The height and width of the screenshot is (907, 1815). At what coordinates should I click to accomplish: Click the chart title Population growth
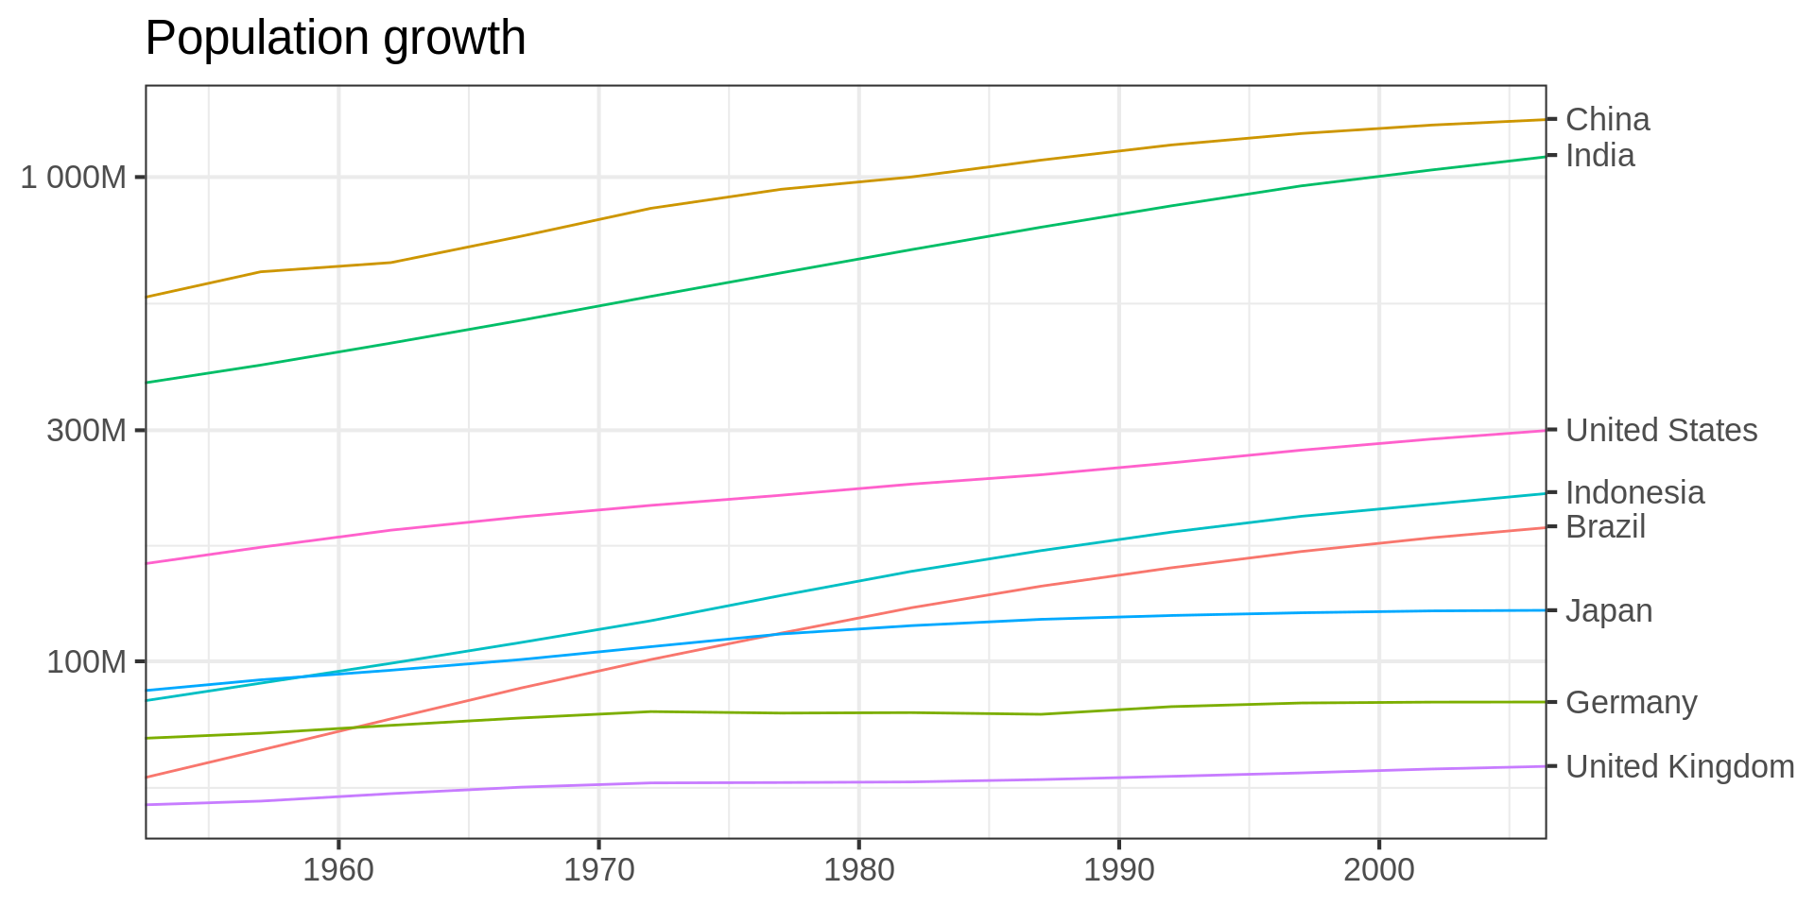pos(336,39)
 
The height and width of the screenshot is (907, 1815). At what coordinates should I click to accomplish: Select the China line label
pos(1607,120)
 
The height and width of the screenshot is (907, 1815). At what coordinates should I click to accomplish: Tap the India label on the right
pos(1599,156)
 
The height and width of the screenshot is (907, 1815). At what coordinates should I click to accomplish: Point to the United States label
pos(1661,431)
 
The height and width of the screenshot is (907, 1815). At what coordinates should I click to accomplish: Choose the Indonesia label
pos(1634,493)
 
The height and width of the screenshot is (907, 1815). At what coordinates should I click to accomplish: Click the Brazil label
pos(1605,527)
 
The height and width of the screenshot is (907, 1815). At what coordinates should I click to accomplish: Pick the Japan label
pos(1609,611)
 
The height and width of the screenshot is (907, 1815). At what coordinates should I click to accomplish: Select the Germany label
pos(1631,703)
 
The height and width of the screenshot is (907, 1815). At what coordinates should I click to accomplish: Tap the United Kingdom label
pos(1680,767)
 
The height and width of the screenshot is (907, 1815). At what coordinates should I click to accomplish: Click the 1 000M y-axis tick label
pos(74,177)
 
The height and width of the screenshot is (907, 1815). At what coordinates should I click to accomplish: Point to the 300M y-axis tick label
pos(86,431)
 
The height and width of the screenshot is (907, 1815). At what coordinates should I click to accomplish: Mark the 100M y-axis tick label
pos(86,661)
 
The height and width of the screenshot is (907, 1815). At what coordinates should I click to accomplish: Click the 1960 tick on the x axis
pos(338,870)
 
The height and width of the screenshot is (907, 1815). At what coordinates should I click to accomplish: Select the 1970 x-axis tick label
pos(599,870)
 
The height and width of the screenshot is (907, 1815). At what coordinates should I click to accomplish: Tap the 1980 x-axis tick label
pos(858,870)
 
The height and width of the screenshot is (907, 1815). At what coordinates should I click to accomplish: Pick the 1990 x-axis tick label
pos(1119,870)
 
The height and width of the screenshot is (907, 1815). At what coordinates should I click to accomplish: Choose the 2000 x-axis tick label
pos(1379,870)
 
